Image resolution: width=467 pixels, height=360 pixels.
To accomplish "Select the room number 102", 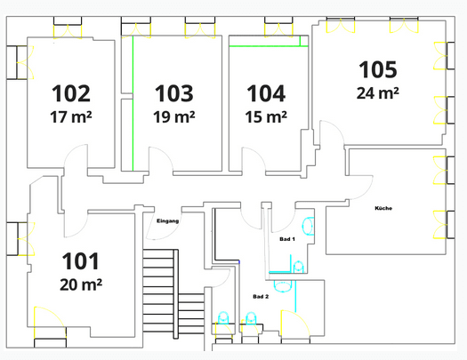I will click(x=71, y=93).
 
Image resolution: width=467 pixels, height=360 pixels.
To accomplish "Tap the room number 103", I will click(x=173, y=93).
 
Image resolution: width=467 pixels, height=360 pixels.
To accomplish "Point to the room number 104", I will click(x=266, y=93).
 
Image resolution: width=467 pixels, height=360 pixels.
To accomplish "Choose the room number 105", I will click(x=378, y=69).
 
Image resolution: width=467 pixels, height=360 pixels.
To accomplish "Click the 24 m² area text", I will click(x=378, y=92).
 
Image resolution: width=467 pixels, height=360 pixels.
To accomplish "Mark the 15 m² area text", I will click(x=266, y=116).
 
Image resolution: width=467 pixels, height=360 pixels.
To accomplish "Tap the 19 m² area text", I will click(x=173, y=116).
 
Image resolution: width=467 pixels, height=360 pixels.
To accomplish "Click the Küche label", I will click(x=383, y=208).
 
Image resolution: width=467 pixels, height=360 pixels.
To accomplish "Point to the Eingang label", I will click(x=167, y=220).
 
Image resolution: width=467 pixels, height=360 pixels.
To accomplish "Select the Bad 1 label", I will click(x=286, y=240).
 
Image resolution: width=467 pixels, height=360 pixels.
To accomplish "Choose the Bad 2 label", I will click(x=259, y=295).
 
